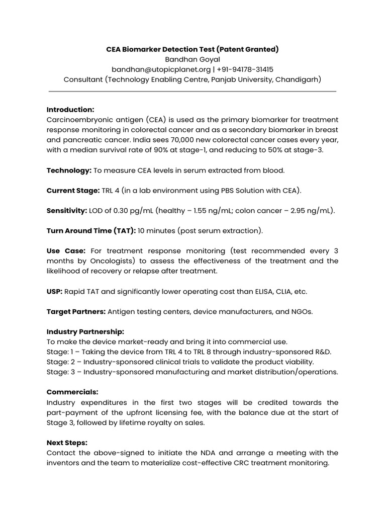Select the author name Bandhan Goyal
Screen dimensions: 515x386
[x=192, y=59]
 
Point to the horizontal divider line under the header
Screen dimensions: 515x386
[x=192, y=91]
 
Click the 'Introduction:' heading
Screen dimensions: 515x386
[x=70, y=109]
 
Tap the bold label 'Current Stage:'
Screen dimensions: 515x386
[x=73, y=191]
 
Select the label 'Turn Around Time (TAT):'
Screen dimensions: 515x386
[x=91, y=231]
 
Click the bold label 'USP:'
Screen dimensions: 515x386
[x=54, y=291]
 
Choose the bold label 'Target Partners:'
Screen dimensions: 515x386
[x=76, y=311]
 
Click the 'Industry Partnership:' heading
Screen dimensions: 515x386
[x=85, y=331]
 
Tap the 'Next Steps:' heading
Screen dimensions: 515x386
[x=67, y=443]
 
